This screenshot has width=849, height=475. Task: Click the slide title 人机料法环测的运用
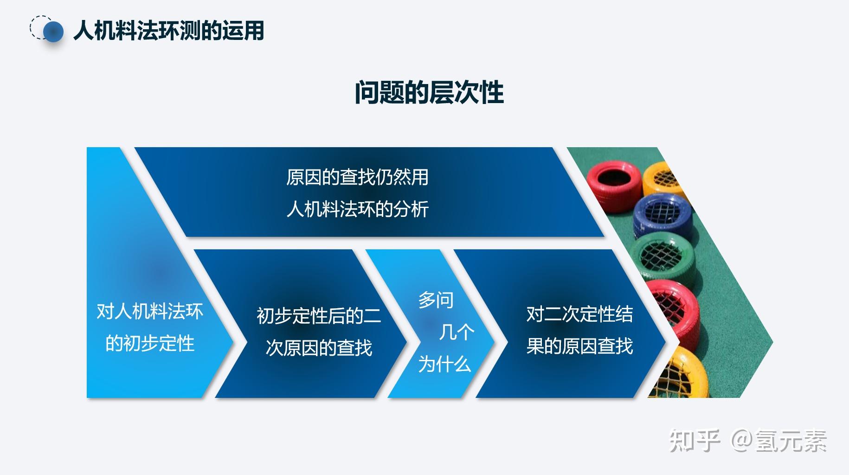pos(169,31)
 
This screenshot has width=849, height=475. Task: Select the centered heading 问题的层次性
pos(429,92)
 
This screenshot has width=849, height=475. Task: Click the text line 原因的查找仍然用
pos(357,177)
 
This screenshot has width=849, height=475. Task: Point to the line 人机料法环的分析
pos(357,209)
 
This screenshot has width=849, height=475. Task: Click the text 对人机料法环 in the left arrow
pos(149,311)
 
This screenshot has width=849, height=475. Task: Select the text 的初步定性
pos(149,344)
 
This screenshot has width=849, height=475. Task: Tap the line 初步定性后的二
pos(319,316)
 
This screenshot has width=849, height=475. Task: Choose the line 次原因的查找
pos(319,347)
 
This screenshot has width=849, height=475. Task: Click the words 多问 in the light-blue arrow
pos(435,300)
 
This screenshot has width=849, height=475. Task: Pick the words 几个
pos(457,332)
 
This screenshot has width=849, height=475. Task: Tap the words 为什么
pos(444,364)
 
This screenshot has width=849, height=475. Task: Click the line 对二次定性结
pos(579,314)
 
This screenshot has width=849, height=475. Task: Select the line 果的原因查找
pos(579,346)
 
